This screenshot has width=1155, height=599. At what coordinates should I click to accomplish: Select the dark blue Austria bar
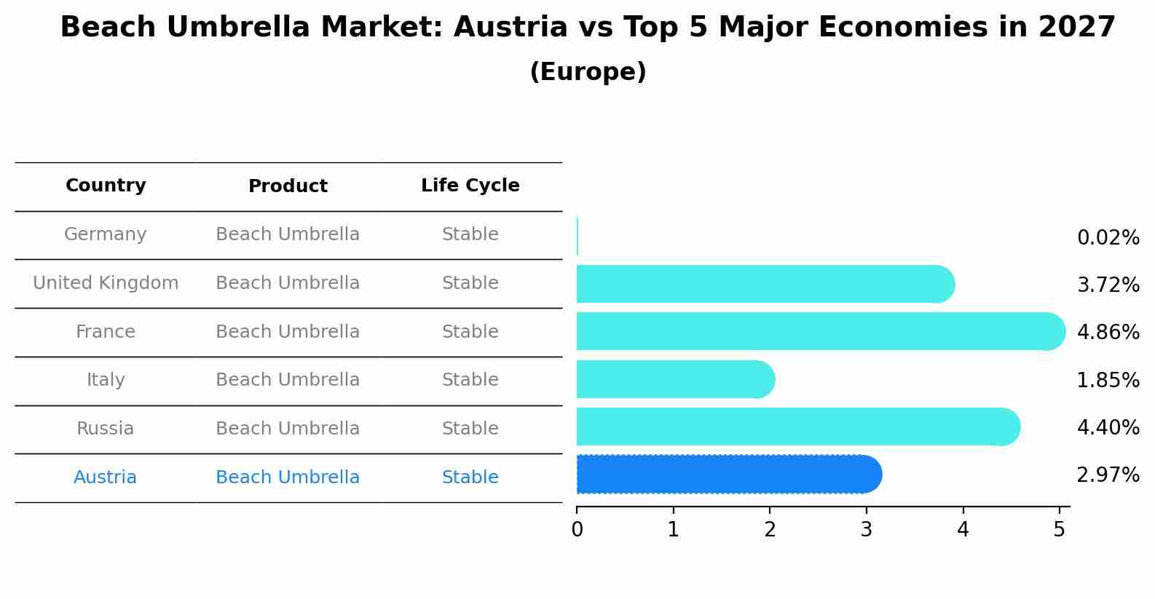728,475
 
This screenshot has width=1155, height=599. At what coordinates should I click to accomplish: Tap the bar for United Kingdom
765,284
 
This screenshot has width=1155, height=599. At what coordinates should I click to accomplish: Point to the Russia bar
797,427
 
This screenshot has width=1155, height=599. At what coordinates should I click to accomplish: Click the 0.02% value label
1108,238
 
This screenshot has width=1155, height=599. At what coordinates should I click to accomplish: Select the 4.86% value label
1108,333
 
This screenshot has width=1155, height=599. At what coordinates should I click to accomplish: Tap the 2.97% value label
1108,475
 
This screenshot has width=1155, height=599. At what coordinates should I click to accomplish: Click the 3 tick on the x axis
866,530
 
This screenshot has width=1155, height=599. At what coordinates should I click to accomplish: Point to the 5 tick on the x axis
1060,530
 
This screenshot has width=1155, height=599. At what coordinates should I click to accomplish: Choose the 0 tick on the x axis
577,530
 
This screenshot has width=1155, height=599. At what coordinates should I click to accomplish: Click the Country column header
106,186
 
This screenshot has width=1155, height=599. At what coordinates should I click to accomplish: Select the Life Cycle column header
470,186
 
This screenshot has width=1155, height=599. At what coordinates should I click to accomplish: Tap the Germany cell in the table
106,234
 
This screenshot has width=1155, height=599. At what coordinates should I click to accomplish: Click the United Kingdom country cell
106,283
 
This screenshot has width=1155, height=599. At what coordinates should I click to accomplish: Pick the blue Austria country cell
106,477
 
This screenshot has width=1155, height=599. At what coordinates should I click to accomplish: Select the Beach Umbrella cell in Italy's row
288,380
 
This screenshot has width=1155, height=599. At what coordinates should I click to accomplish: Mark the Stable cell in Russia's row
470,429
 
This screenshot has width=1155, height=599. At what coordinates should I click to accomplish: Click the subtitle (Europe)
588,72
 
